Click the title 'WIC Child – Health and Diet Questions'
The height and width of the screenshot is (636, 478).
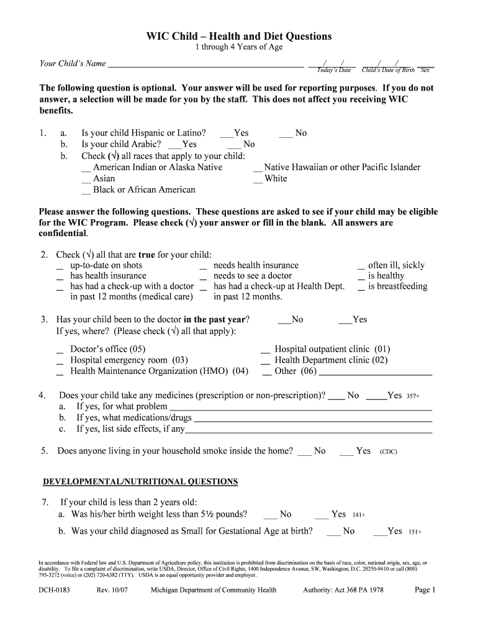239,37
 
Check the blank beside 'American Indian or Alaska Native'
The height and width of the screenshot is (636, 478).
86,169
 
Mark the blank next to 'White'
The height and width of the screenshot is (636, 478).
258,180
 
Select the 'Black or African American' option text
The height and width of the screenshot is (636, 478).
144,190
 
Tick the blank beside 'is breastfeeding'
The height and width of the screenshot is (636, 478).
361,288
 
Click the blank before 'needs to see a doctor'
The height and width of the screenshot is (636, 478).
203,278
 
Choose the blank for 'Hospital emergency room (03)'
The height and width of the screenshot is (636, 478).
60,362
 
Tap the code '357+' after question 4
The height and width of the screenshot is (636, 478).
413,396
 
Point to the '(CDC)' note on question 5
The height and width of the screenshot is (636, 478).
388,452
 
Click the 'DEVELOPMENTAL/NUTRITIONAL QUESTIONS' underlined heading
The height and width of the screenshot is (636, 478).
140,482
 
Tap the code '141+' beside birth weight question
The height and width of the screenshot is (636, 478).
358,516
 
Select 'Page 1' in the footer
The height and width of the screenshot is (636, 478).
426,590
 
